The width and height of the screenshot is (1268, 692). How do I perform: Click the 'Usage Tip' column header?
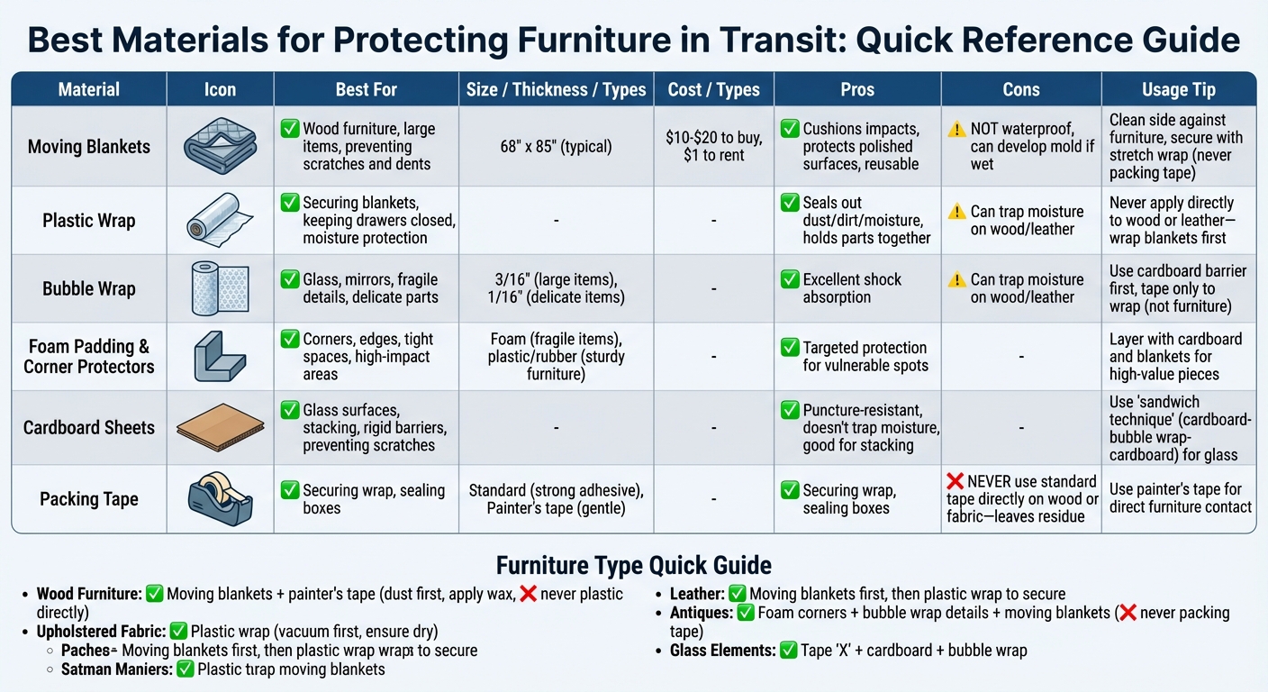click(1179, 89)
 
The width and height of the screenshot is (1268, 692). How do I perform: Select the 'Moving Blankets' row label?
click(89, 146)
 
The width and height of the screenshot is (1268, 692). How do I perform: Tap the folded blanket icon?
click(220, 146)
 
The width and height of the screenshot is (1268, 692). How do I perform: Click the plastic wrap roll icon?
click(220, 221)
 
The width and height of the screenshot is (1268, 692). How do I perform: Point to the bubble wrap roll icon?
click(220, 288)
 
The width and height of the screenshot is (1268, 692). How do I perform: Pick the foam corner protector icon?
click(220, 356)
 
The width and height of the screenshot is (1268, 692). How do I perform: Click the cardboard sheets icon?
click(220, 428)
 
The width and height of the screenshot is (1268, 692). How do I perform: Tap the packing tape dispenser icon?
click(220, 498)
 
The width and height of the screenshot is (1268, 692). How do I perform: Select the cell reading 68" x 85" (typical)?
click(556, 146)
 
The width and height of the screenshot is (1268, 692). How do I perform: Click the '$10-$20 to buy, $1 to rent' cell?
click(714, 146)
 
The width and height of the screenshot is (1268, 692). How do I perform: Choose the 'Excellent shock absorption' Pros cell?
click(851, 288)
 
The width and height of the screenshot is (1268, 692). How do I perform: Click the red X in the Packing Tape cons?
click(955, 481)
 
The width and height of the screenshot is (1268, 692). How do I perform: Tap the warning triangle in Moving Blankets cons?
click(956, 129)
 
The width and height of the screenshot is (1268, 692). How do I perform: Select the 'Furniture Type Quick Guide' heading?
click(633, 565)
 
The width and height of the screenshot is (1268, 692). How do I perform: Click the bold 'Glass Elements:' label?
click(721, 650)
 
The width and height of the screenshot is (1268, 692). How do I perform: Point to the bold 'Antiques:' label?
click(701, 613)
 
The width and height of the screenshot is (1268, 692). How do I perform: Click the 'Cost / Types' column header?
click(714, 89)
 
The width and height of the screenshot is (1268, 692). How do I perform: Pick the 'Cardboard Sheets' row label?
click(89, 428)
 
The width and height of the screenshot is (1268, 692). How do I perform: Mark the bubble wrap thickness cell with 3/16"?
click(556, 288)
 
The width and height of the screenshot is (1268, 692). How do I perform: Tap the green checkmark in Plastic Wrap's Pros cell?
click(790, 203)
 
